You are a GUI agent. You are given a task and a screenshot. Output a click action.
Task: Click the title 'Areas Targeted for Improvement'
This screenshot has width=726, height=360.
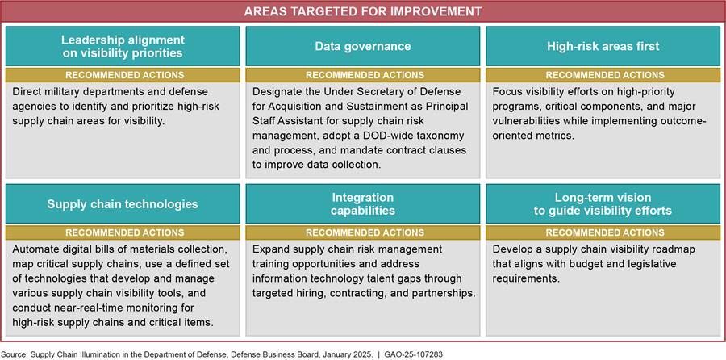click(x=362, y=11)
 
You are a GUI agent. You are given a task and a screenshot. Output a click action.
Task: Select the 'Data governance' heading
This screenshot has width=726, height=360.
click(x=362, y=46)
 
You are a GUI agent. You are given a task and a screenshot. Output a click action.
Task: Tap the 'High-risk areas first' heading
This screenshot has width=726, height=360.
click(x=603, y=46)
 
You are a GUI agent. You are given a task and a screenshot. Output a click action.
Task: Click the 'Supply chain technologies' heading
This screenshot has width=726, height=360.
click(x=123, y=204)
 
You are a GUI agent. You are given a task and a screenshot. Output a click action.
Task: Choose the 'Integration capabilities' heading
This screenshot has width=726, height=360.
click(x=362, y=204)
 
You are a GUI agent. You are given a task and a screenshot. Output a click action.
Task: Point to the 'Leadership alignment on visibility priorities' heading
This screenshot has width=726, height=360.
click(x=123, y=46)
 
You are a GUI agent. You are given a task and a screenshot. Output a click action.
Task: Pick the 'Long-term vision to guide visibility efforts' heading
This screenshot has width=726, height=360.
click(x=603, y=204)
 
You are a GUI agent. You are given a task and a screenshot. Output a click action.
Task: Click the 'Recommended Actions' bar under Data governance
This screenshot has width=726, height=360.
click(x=363, y=75)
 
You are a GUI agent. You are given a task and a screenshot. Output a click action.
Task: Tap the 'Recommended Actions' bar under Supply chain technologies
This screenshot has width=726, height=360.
click(x=123, y=232)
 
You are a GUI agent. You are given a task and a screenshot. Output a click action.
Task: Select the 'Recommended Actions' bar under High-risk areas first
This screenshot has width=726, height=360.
click(x=603, y=75)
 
